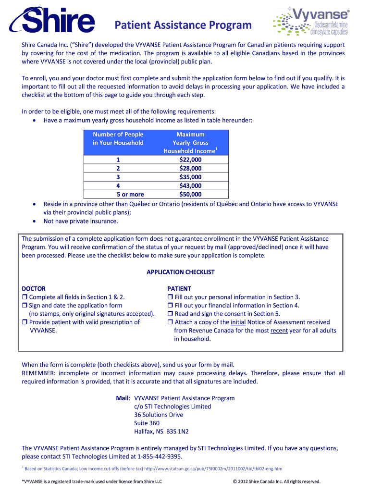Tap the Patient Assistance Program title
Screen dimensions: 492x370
[183, 25]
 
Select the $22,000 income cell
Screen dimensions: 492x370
[190, 160]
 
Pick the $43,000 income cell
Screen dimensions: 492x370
[190, 185]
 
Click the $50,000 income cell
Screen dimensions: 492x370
[190, 195]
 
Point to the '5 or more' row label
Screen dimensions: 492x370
[130, 195]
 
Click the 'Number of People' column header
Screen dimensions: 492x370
[118, 135]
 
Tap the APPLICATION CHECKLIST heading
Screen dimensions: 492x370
[180, 272]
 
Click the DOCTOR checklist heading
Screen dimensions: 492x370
[34, 288]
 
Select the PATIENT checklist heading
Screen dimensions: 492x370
[179, 288]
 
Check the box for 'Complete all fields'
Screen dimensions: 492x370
[25, 297]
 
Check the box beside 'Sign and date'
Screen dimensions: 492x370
[25, 306]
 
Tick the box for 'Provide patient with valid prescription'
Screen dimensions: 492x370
[25, 322]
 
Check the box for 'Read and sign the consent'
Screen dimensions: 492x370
[170, 314]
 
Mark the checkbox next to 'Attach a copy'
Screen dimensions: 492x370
[170, 322]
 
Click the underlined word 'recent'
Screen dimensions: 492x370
[280, 331]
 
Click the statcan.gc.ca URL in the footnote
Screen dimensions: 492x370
[213, 468]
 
